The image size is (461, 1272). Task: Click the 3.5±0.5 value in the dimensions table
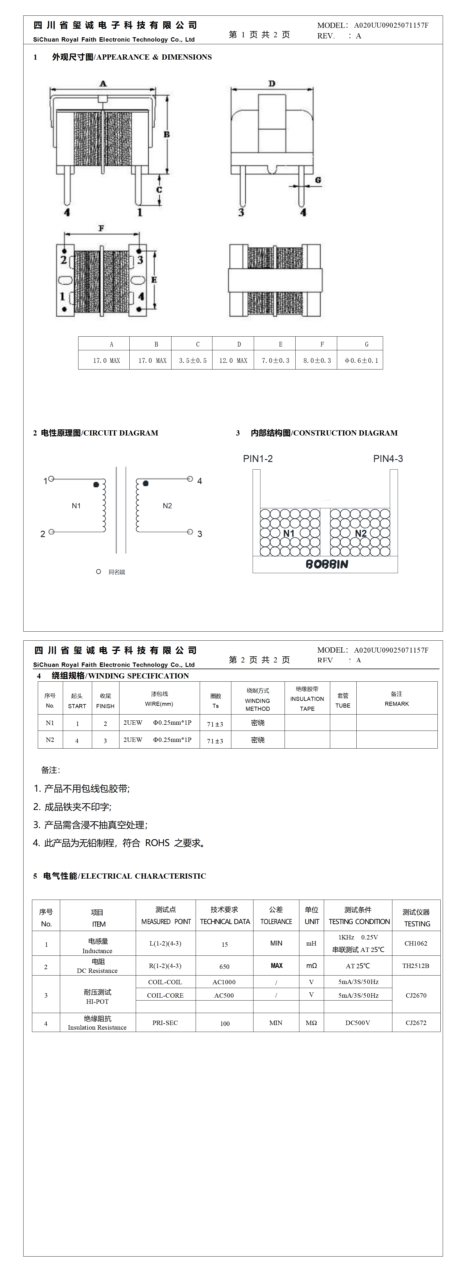point(192,360)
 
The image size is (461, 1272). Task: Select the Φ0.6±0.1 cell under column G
point(361,360)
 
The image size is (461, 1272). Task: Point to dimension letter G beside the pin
point(318,180)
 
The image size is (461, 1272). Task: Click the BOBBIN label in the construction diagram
point(327,564)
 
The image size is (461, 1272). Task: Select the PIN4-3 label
point(388,459)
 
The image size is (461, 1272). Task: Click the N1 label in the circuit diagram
point(76,506)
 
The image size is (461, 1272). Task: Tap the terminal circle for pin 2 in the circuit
point(51,532)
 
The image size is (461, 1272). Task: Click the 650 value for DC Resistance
point(225,966)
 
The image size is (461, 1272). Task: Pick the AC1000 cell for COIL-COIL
point(224,982)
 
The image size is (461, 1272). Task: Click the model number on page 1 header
point(391,25)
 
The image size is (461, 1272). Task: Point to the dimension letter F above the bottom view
point(101,228)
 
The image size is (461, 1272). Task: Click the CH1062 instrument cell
point(416,943)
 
